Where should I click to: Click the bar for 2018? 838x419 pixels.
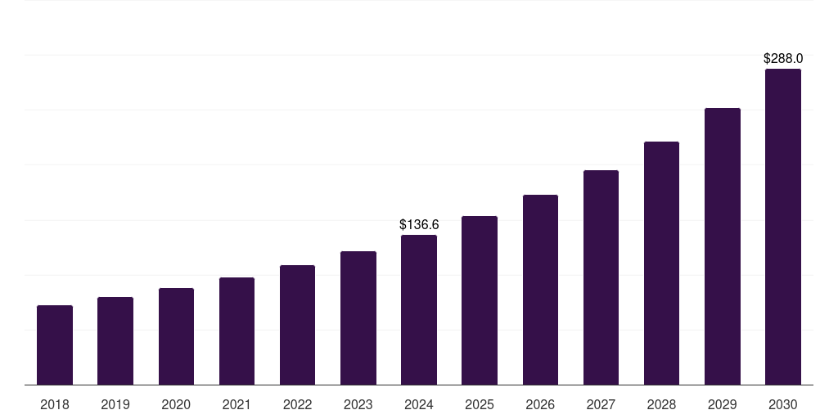tap(55, 345)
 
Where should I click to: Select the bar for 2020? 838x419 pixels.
tap(176, 336)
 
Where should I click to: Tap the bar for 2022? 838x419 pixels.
tap(297, 325)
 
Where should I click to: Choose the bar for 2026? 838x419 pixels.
tap(540, 290)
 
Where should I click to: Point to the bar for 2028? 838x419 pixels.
tap(661, 263)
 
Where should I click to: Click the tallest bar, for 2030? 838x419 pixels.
tap(783, 227)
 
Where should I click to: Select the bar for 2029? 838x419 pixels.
tap(723, 246)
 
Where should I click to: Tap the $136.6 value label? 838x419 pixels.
tap(419, 224)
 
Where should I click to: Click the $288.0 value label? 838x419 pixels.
tap(783, 59)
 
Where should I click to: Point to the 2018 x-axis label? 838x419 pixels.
tap(55, 404)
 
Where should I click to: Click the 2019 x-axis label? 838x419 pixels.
tap(115, 404)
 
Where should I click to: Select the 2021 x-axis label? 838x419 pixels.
tap(237, 404)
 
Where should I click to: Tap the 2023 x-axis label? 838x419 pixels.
tap(358, 404)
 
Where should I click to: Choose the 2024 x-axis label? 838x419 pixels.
tap(419, 404)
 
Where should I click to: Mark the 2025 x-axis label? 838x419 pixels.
tap(480, 404)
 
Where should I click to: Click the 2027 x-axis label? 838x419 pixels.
tap(601, 404)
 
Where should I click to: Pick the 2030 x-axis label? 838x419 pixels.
tap(783, 404)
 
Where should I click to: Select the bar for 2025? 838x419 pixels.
tap(480, 300)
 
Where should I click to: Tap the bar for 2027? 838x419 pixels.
tap(601, 277)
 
